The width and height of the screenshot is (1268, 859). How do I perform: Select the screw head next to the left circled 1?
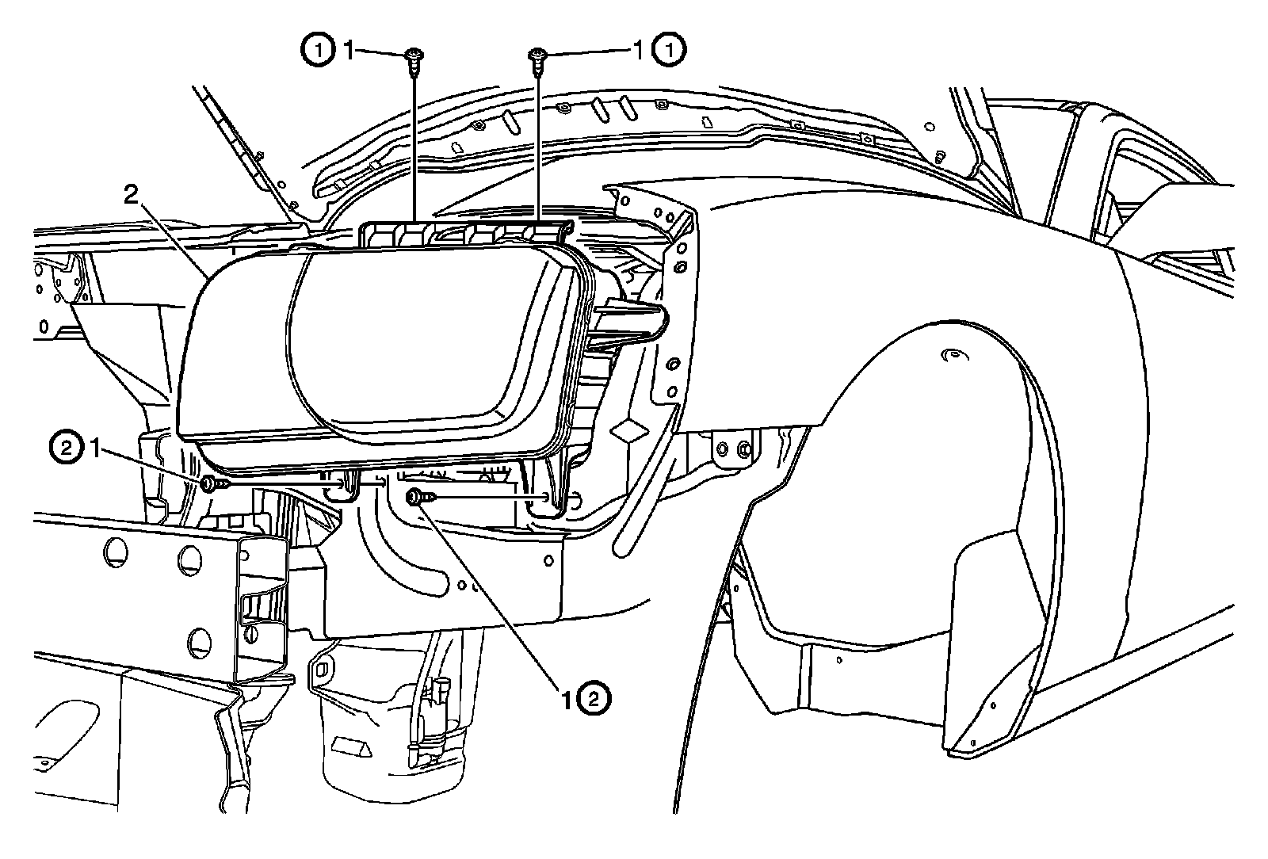[x=413, y=55]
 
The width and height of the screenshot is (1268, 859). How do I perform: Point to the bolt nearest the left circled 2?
[x=208, y=483]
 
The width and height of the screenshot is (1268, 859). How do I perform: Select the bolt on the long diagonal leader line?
[x=414, y=497]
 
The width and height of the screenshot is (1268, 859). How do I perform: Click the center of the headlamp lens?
[x=428, y=341]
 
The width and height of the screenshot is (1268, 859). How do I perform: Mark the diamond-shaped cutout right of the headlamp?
[x=630, y=429]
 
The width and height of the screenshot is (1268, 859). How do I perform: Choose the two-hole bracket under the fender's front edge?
[x=733, y=450]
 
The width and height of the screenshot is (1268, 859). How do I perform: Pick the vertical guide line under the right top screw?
[x=538, y=143]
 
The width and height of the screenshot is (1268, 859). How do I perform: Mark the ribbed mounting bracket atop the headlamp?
[x=464, y=232]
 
